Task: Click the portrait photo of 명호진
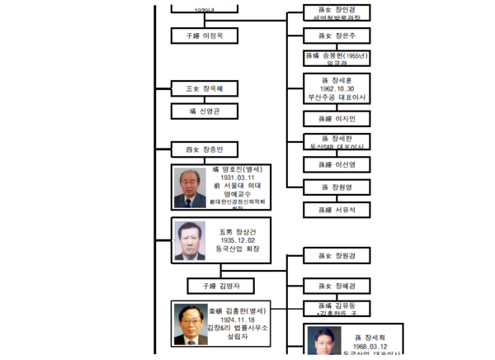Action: point(190,188)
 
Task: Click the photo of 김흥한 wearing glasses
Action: point(191,324)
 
